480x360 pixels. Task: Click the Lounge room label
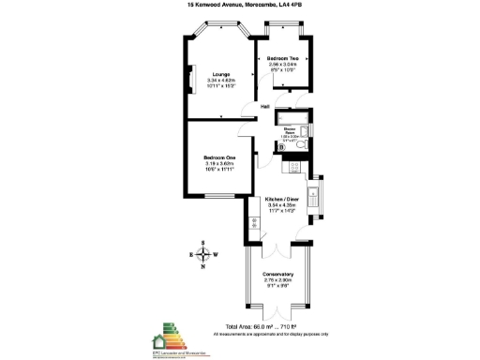(x=221, y=73)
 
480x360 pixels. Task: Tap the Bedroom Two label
(x=283, y=58)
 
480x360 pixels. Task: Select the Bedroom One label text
(x=218, y=157)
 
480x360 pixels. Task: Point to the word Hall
(x=266, y=107)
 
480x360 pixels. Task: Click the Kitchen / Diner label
(x=282, y=200)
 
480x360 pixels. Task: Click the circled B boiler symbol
(x=282, y=146)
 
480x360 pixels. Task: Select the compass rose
(x=203, y=254)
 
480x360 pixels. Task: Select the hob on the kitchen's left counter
(x=253, y=223)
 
